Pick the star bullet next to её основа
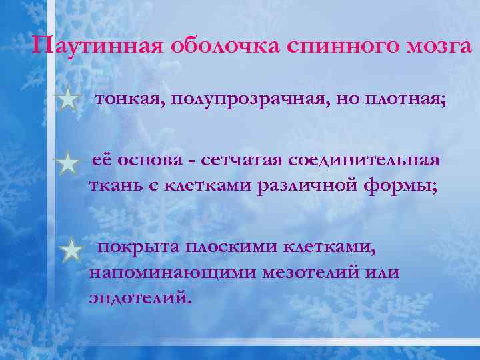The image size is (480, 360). tap(68, 163)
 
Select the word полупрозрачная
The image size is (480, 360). tap(245, 100)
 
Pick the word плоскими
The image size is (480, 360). tap(232, 249)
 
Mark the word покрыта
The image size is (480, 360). tap(135, 249)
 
